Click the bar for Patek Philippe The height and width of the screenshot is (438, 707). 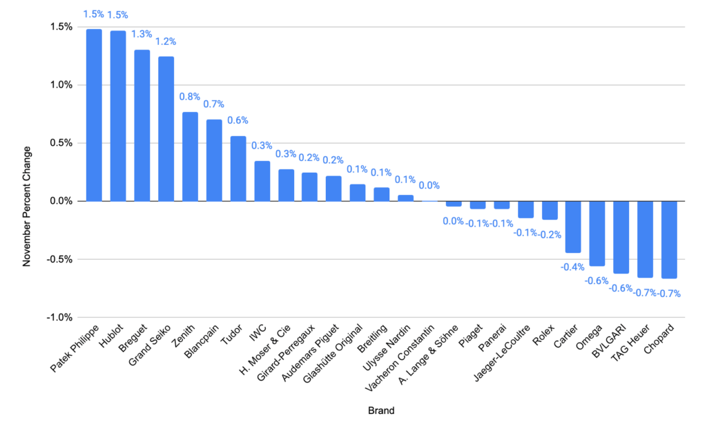coord(94,115)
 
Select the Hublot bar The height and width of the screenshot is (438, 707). coord(118,116)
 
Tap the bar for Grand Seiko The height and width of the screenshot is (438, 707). coord(166,128)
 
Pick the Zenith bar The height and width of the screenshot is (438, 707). coord(190,156)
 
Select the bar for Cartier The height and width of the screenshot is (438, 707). coord(573,227)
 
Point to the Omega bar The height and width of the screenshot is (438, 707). coord(597,234)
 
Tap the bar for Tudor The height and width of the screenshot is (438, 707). coord(238,169)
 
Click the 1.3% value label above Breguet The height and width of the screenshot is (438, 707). coord(142,34)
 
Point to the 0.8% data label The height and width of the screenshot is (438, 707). coord(190,97)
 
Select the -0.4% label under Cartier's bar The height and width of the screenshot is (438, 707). coord(572,267)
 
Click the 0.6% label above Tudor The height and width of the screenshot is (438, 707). coord(238,121)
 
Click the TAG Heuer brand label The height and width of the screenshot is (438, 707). coord(634,344)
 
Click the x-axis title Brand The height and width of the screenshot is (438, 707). coord(382,411)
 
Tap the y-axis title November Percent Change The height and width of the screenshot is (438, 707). coord(27,206)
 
